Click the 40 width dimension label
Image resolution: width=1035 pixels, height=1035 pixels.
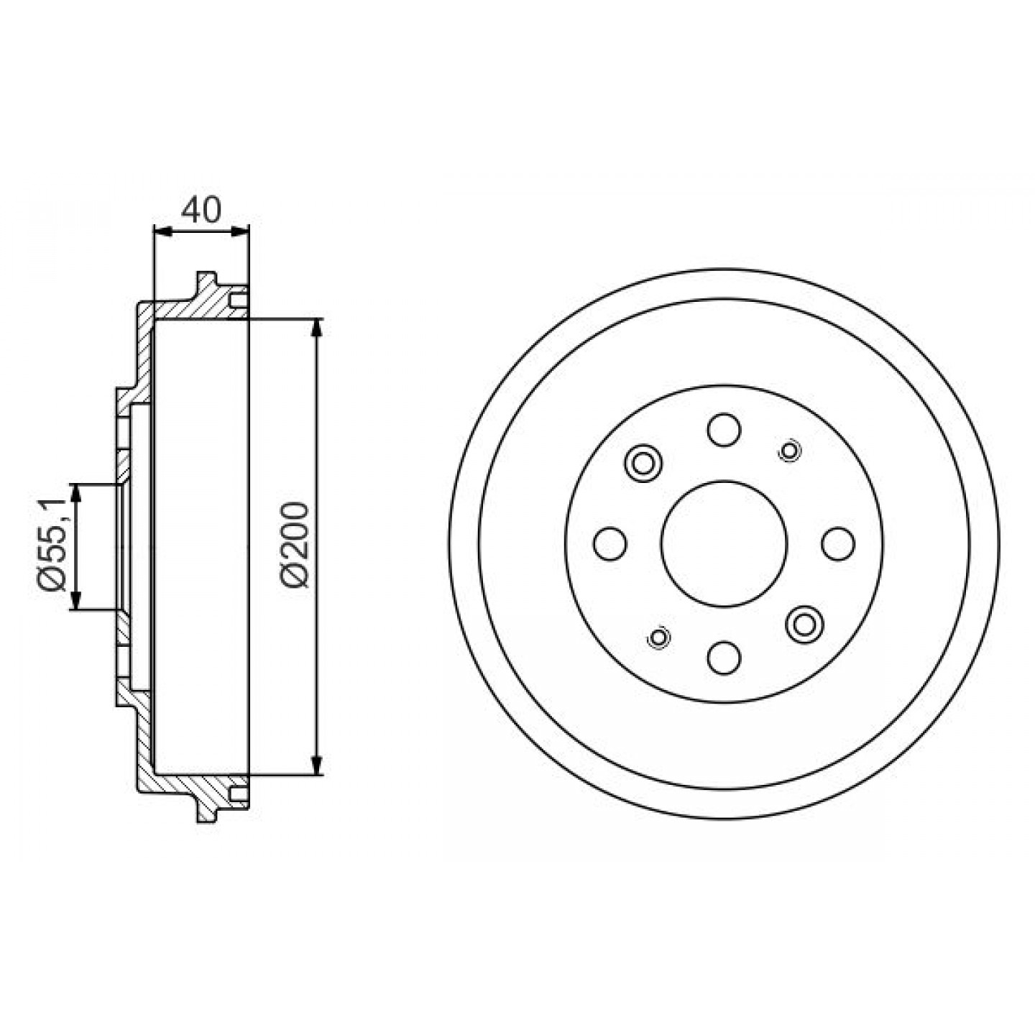point(201,210)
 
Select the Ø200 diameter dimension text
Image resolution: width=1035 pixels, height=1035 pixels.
point(295,546)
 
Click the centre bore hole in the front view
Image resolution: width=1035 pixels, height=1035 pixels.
point(724,544)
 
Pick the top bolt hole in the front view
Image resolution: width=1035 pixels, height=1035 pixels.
point(724,430)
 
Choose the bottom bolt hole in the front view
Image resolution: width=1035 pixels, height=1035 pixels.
point(724,658)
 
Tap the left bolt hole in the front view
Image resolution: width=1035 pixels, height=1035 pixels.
point(610,543)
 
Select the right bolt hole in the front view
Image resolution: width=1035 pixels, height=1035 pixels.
point(838,543)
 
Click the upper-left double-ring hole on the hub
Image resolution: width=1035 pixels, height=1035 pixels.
point(643,463)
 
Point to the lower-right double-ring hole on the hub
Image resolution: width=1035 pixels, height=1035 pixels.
point(804,624)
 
